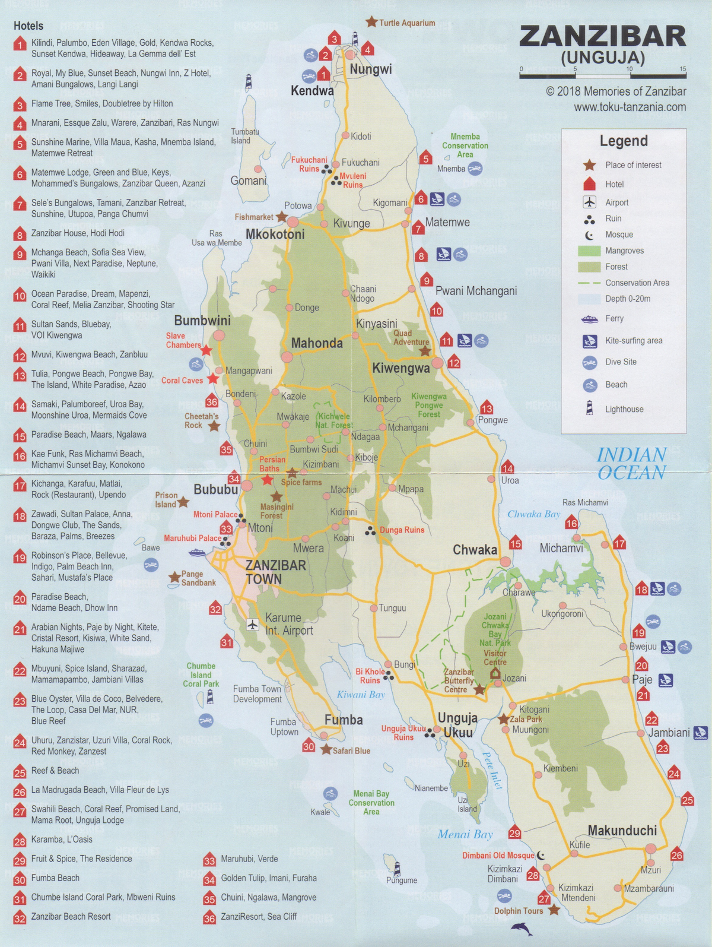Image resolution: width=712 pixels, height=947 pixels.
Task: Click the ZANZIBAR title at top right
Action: coord(602,37)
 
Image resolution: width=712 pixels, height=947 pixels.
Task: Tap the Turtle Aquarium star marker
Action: coord(371,22)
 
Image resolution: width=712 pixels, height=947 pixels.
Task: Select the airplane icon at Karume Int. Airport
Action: coord(253,625)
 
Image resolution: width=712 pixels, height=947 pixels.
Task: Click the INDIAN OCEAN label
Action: coord(631,464)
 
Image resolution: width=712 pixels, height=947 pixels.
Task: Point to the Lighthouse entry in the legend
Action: coord(624,409)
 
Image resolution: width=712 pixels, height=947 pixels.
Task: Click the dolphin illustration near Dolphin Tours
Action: coord(522,929)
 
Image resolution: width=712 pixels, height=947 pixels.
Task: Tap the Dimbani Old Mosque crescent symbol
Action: coord(541,856)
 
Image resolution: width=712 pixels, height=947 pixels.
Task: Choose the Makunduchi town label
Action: coord(622,831)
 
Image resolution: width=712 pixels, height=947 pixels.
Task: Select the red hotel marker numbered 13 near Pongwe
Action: coord(487,408)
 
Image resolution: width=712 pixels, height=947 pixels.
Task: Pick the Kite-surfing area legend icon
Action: coord(589,341)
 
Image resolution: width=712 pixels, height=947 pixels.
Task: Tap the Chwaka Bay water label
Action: coord(533,514)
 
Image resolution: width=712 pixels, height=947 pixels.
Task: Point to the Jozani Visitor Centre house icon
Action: coord(495,673)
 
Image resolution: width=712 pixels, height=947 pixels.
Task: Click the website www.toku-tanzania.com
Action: coord(630,107)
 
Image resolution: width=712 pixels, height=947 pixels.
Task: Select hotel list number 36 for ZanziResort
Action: coord(209,917)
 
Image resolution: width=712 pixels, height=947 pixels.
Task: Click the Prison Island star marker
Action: coord(183,502)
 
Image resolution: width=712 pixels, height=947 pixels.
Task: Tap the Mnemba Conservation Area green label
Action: coord(465,145)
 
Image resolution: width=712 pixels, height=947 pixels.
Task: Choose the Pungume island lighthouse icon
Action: coord(397,868)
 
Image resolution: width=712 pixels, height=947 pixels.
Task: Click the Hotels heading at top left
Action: coord(28,26)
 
